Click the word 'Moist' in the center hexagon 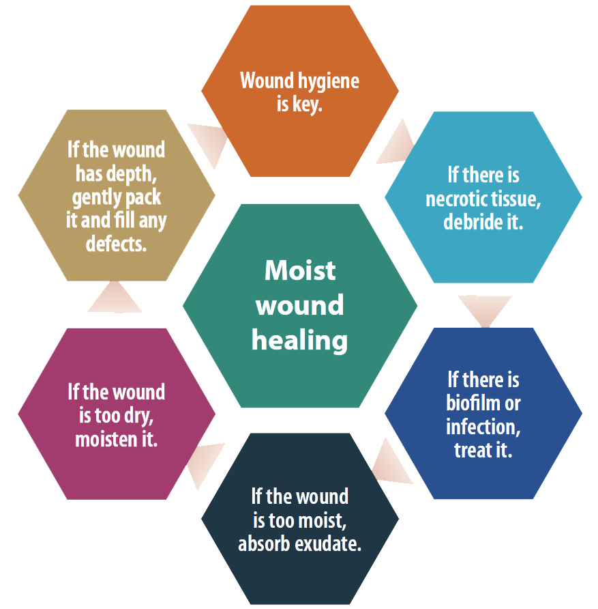[300, 270]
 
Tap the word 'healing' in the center [300, 339]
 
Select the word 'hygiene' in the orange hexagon [329, 82]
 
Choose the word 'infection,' [483, 427]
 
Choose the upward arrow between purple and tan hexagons [115, 301]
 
